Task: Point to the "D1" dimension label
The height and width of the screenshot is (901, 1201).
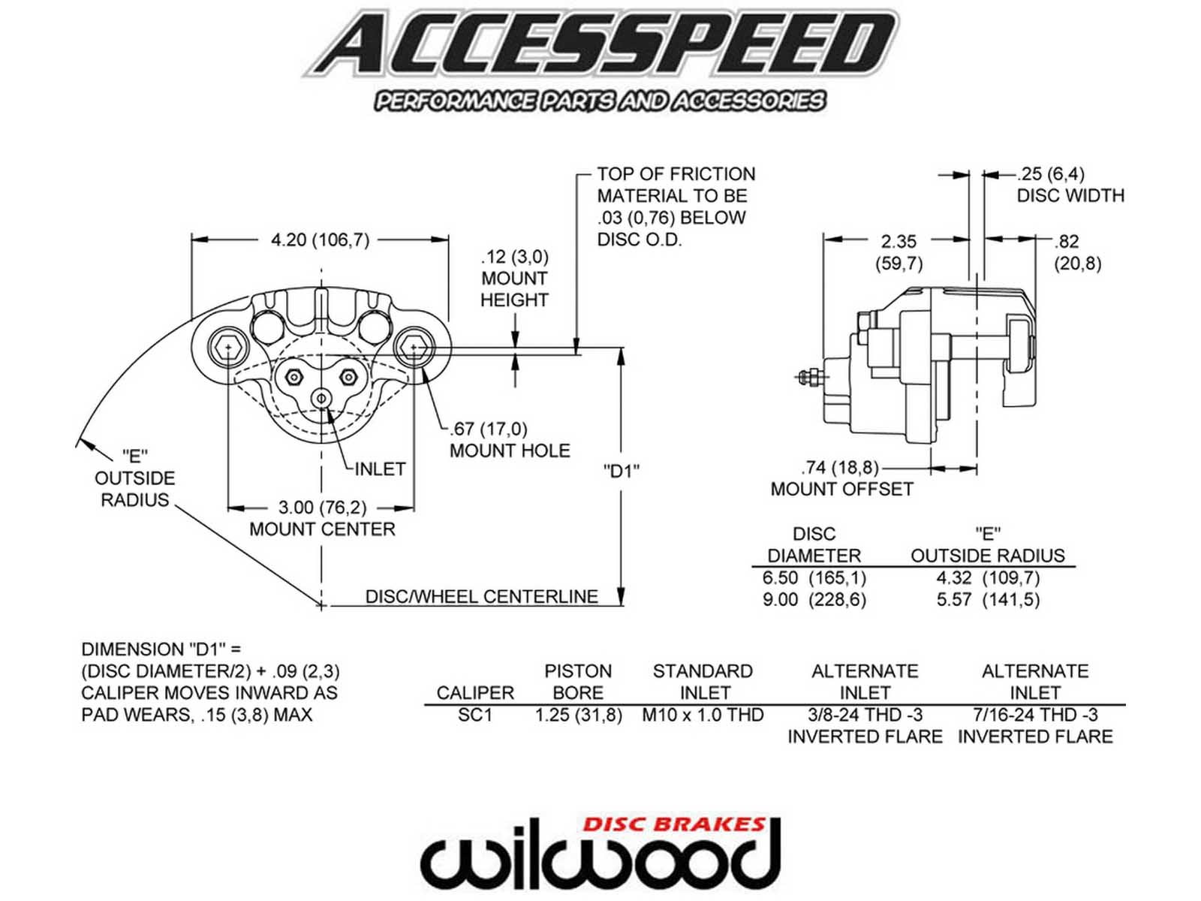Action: click(621, 471)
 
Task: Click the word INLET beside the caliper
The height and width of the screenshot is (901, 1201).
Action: click(380, 469)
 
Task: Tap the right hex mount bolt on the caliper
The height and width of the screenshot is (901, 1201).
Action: click(414, 348)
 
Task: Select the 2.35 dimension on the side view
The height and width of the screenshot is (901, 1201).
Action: click(898, 242)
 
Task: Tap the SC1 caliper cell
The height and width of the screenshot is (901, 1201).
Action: click(475, 715)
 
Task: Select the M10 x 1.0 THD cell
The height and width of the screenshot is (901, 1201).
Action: click(703, 715)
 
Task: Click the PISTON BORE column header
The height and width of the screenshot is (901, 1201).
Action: click(578, 681)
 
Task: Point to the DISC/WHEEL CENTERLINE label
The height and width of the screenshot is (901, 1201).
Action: click(481, 596)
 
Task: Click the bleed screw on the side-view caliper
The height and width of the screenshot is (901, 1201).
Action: click(811, 376)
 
